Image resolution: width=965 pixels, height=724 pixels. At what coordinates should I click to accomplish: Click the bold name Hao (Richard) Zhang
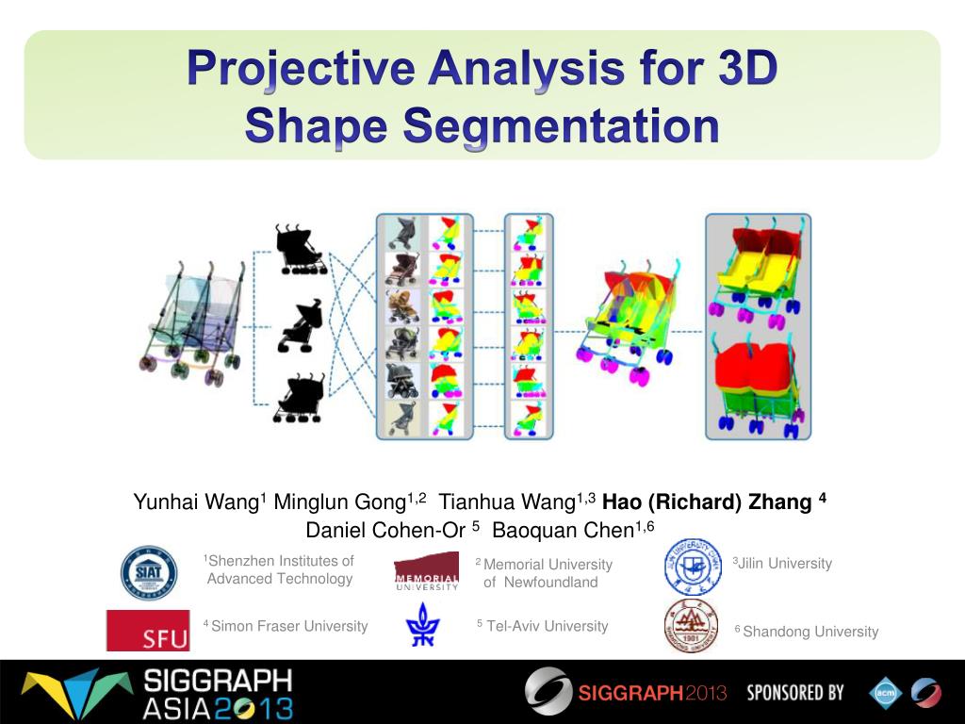(707, 501)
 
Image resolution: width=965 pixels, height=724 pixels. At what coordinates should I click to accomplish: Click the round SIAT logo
(148, 573)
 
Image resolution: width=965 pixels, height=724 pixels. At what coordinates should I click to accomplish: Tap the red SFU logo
(148, 630)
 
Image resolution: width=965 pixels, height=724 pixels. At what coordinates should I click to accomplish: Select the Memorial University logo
(426, 571)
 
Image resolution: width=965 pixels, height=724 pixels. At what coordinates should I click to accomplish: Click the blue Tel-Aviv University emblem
(421, 625)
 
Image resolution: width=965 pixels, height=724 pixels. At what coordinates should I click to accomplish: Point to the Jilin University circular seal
(693, 567)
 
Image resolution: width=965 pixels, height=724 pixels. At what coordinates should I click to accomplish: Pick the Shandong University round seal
(691, 626)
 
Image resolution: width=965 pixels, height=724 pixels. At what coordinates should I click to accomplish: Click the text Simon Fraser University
(289, 626)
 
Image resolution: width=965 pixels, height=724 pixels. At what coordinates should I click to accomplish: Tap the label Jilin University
(785, 564)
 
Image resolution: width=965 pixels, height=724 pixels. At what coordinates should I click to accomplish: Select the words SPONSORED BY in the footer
(795, 693)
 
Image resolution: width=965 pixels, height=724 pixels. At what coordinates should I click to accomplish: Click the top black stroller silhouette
(301, 250)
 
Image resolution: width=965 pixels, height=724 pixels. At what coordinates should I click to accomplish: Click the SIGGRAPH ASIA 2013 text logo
(217, 694)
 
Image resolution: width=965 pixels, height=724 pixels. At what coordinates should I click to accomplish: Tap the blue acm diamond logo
(885, 693)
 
